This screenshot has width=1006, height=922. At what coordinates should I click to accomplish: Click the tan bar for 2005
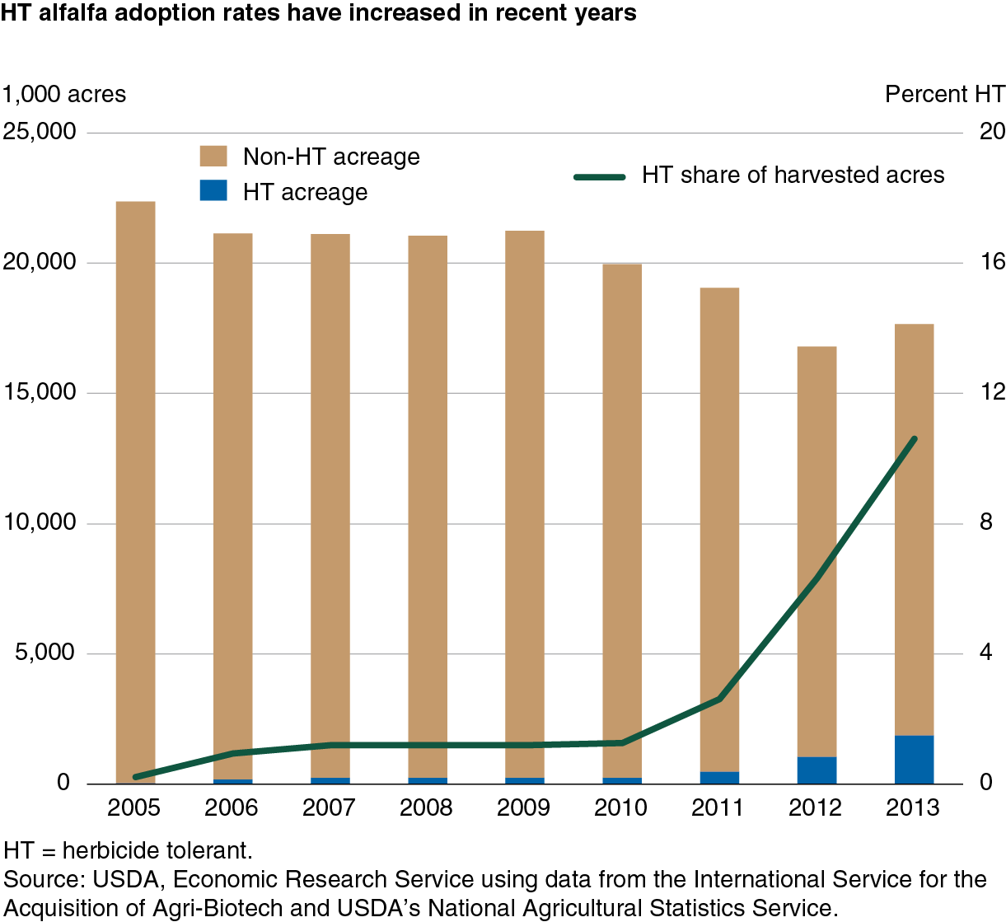click(x=135, y=492)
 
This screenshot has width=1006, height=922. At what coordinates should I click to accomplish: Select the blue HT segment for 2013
click(x=915, y=760)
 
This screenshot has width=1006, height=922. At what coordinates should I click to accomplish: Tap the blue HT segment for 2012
click(x=817, y=770)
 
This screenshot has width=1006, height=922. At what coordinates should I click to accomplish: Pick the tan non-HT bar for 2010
click(x=622, y=521)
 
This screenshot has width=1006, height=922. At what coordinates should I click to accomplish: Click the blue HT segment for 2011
click(x=719, y=778)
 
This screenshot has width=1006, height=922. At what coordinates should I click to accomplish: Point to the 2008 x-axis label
click(x=426, y=807)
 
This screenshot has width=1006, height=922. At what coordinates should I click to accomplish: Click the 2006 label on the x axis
click(x=231, y=807)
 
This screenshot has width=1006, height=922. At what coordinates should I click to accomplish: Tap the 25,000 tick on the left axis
click(x=39, y=132)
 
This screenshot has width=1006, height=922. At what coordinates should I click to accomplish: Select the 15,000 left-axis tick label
click(x=39, y=391)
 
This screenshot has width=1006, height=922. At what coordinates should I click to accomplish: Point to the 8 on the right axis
click(x=986, y=522)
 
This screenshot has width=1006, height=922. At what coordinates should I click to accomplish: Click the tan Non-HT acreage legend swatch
click(x=213, y=156)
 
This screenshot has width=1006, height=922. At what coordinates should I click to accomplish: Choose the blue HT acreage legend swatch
click(x=213, y=190)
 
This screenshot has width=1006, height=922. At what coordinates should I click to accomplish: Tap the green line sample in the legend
click(x=600, y=176)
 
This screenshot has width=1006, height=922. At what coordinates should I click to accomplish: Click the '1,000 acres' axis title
click(x=64, y=94)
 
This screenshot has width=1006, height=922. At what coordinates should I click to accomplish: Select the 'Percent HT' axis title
click(x=945, y=94)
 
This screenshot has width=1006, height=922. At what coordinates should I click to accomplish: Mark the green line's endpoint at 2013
click(x=915, y=439)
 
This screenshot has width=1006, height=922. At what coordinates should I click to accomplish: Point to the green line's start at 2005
click(x=135, y=777)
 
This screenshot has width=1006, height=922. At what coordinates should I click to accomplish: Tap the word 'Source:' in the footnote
click(x=44, y=879)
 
